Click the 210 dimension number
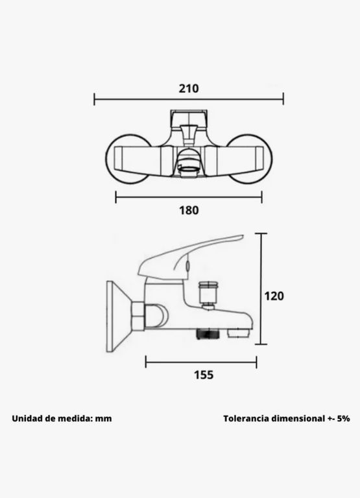(x=189, y=88)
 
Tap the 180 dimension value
(x=189, y=210)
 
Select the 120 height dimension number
(x=274, y=296)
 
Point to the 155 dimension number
(x=204, y=375)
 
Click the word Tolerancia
(x=246, y=419)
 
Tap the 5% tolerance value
(x=344, y=419)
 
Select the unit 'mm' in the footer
(x=104, y=419)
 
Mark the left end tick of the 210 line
(x=94, y=99)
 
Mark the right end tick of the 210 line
(x=283, y=99)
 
